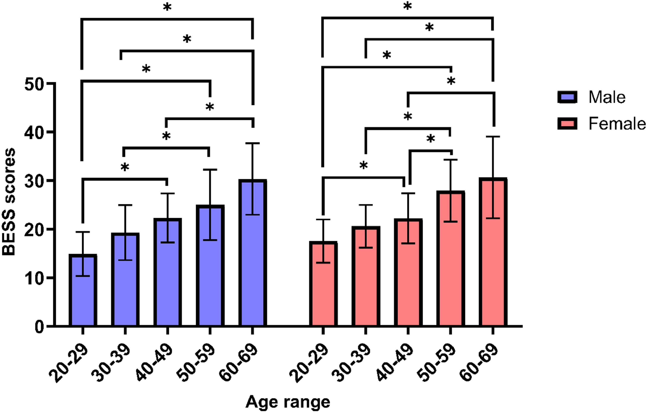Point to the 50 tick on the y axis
point(51,83)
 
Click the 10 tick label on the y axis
point(34,278)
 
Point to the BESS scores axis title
point(9,202)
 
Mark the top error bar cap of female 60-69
point(493,137)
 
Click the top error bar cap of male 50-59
point(210,170)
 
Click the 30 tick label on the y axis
point(34,181)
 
